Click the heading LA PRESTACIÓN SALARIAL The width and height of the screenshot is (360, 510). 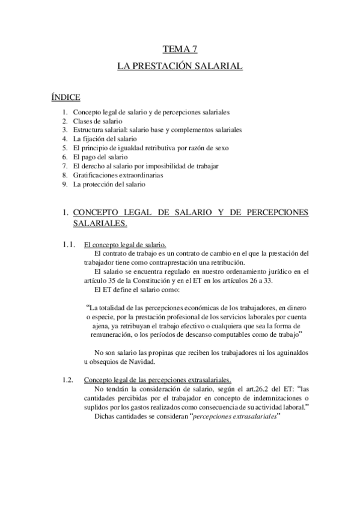(180, 67)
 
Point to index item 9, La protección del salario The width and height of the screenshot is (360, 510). (109, 184)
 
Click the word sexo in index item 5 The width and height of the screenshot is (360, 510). (238, 147)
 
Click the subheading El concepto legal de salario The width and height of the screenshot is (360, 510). (125, 244)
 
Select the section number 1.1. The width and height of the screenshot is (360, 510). (68, 244)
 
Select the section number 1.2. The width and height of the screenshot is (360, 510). (68, 379)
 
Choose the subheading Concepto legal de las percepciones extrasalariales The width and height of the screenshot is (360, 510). (161, 379)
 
